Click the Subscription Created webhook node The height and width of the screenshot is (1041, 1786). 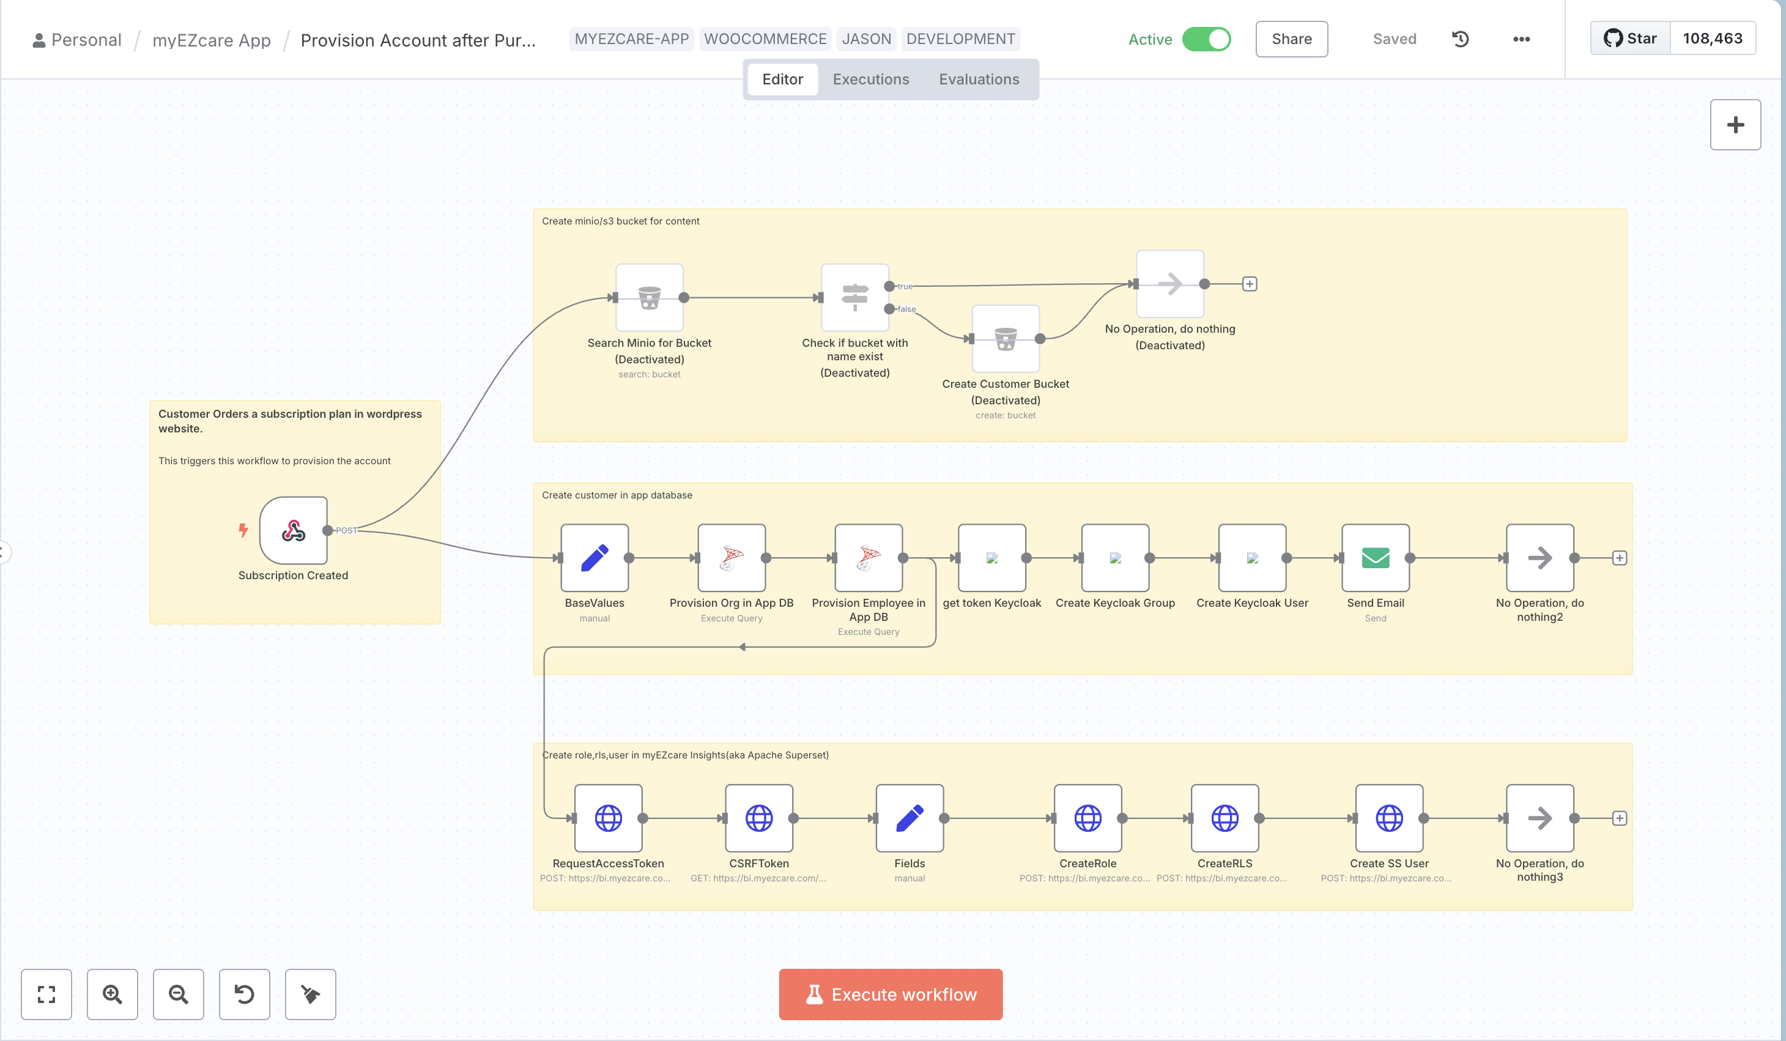pos(294,530)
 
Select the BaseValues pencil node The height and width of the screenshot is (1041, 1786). pos(594,558)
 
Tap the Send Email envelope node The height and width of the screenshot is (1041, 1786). pos(1375,558)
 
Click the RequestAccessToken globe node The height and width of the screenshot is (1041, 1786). pos(608,818)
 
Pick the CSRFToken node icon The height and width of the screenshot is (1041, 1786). pos(758,818)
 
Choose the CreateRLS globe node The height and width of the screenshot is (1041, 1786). pos(1224,818)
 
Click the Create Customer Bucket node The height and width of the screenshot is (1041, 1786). pos(1005,339)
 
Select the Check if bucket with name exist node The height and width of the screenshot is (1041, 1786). pos(854,298)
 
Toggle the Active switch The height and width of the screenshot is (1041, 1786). pos(1206,39)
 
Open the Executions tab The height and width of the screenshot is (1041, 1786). pos(870,80)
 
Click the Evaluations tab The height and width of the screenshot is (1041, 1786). pos(979,80)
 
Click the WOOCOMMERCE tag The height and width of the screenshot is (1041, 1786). pos(765,39)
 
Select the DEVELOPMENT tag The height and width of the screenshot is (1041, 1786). pos(960,39)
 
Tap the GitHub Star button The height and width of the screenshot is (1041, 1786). pos(1630,39)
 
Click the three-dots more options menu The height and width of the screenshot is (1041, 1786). pos(1521,39)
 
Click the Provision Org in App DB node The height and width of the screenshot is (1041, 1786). pos(732,558)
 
